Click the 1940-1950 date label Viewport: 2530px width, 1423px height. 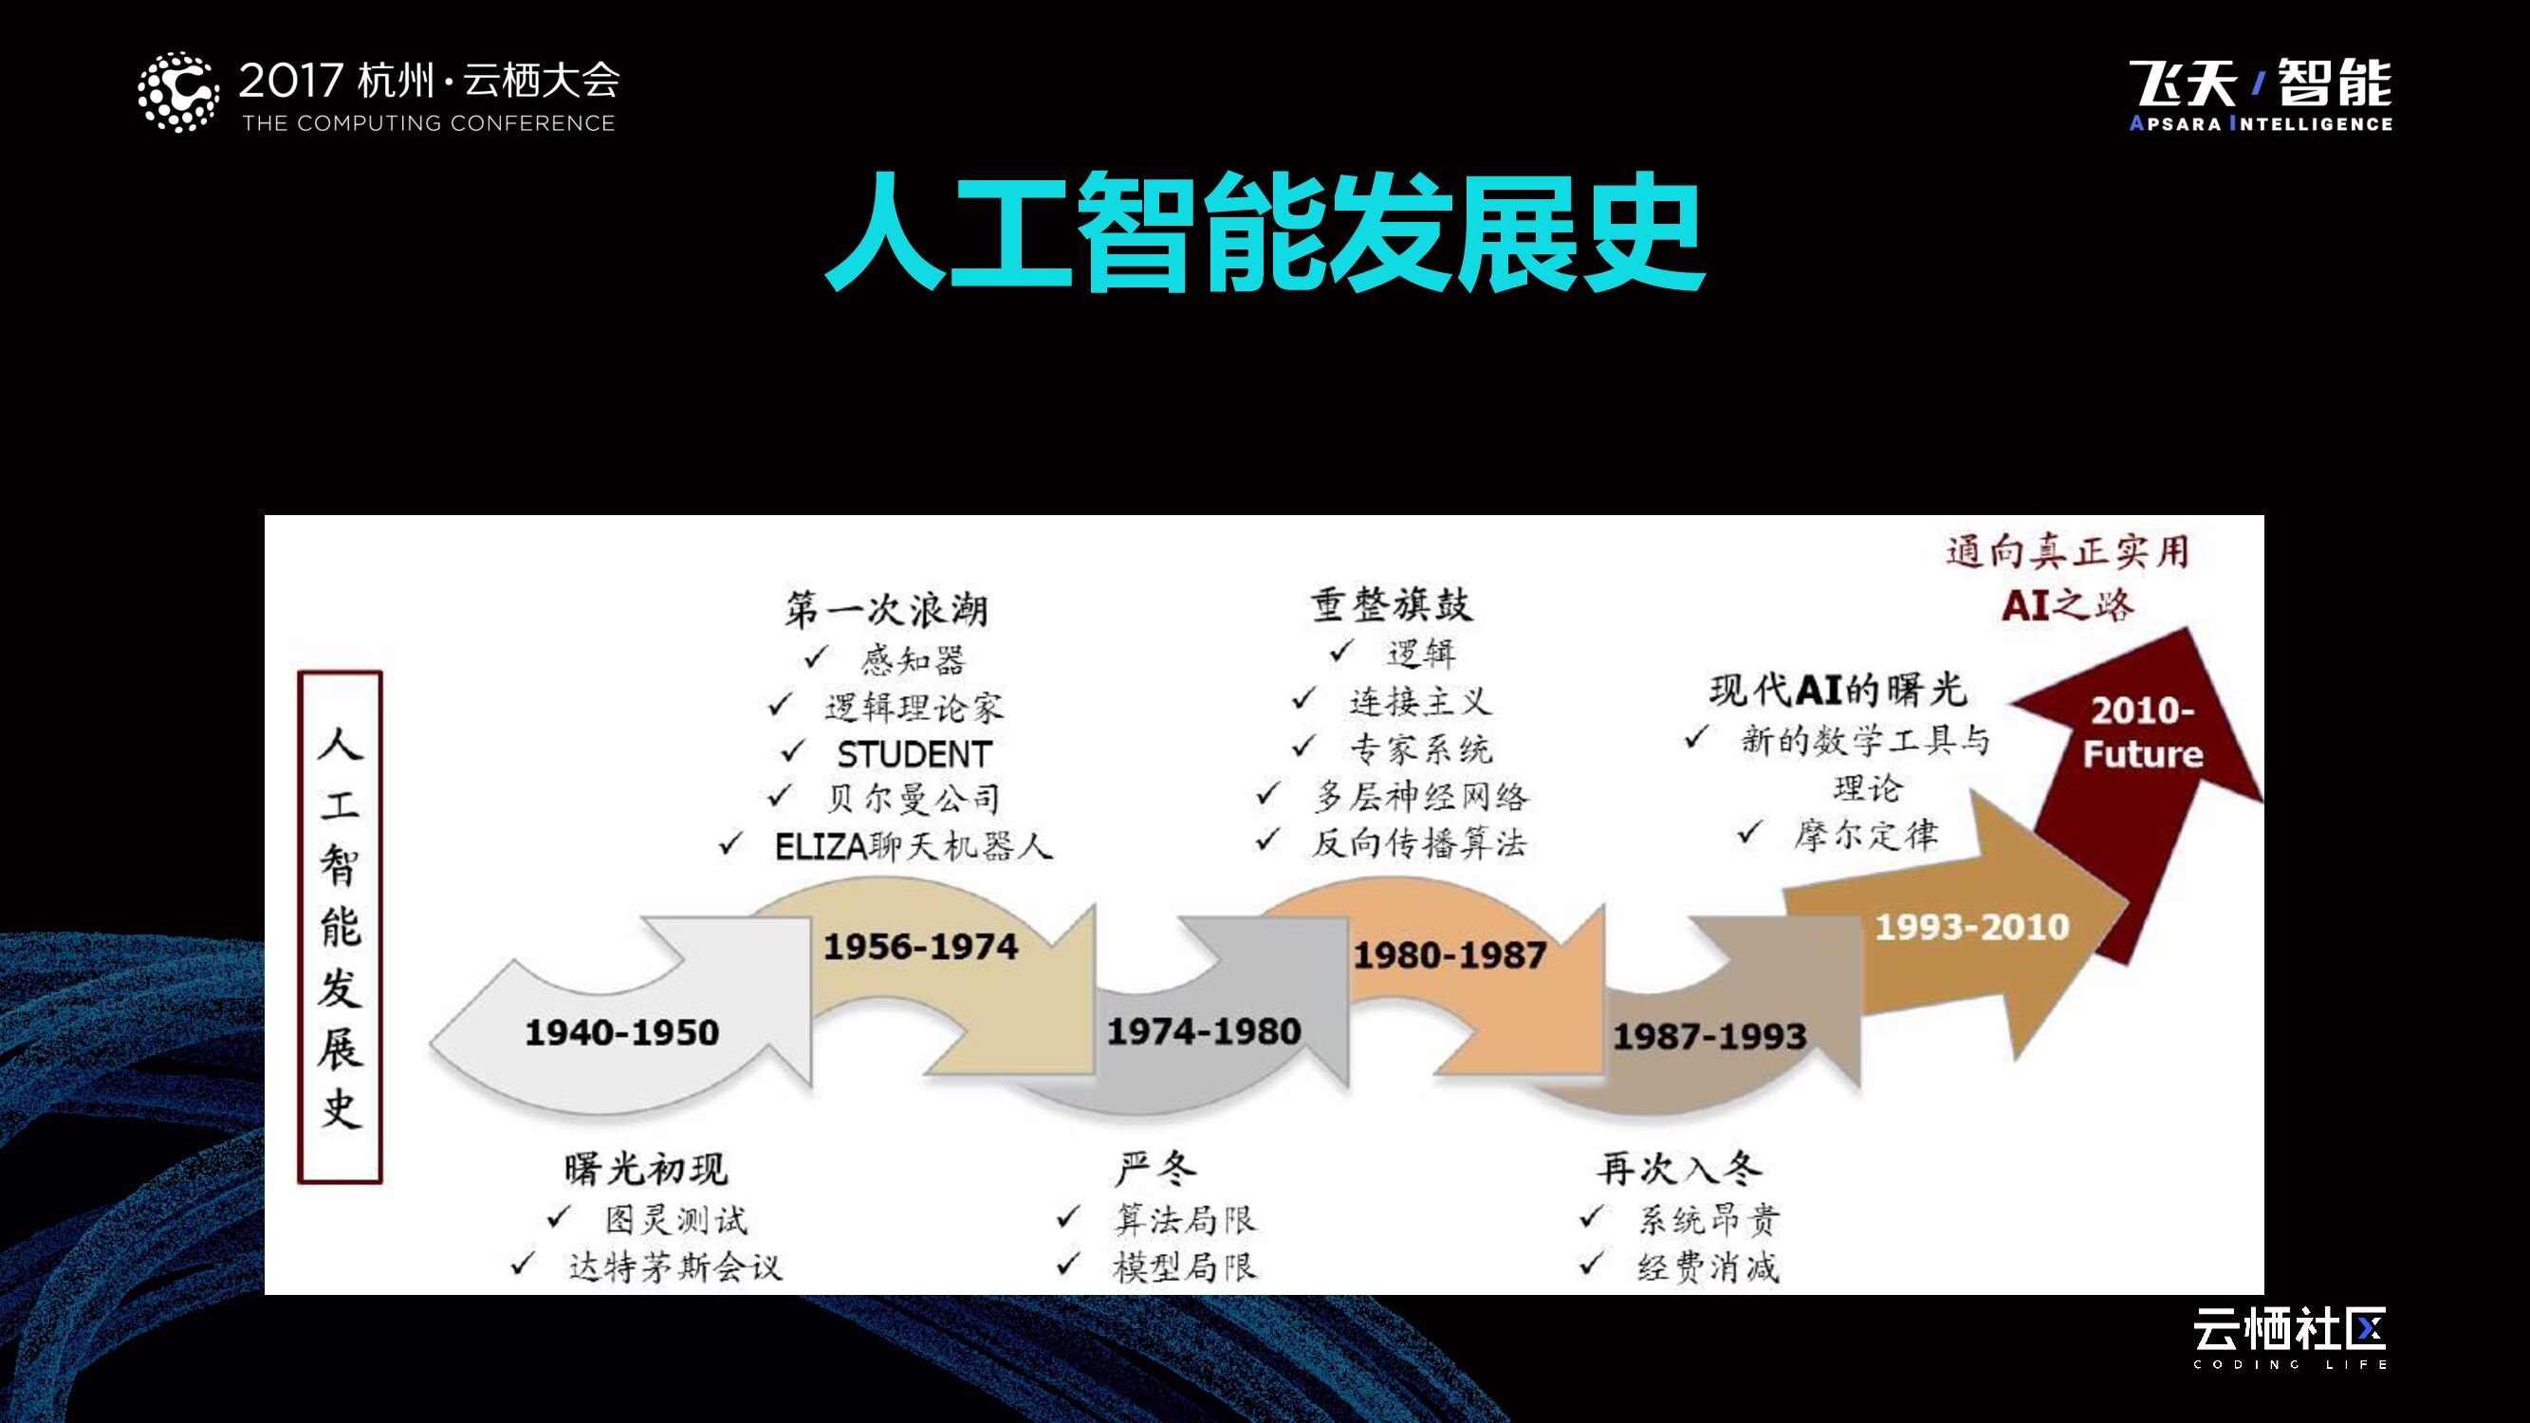coord(621,1032)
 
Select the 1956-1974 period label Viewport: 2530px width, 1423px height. coord(920,947)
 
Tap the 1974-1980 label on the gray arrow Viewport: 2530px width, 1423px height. coord(1204,1031)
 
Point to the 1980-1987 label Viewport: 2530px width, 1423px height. coord(1450,954)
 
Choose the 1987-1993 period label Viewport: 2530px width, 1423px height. coord(1710,1036)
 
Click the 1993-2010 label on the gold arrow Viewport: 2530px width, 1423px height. coord(1972,927)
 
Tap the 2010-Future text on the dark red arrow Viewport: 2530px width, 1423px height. coord(2143,732)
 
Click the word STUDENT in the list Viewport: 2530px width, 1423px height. coord(914,754)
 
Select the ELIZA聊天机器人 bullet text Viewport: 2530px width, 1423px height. coord(914,845)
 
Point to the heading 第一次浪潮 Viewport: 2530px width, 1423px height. coord(886,610)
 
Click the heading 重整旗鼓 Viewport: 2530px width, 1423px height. coord(1392,605)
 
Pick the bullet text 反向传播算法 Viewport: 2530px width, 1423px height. coord(1420,842)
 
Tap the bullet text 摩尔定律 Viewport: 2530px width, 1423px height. coord(1866,835)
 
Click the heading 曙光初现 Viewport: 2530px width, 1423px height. coord(645,1169)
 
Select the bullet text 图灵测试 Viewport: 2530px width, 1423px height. coord(675,1220)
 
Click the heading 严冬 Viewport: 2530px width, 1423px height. coord(1156,1169)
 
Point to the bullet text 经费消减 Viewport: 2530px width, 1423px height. coord(1708,1266)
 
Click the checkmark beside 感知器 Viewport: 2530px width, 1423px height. coord(816,658)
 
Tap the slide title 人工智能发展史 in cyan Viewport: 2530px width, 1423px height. coord(1265,232)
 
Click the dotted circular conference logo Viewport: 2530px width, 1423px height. coord(177,92)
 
